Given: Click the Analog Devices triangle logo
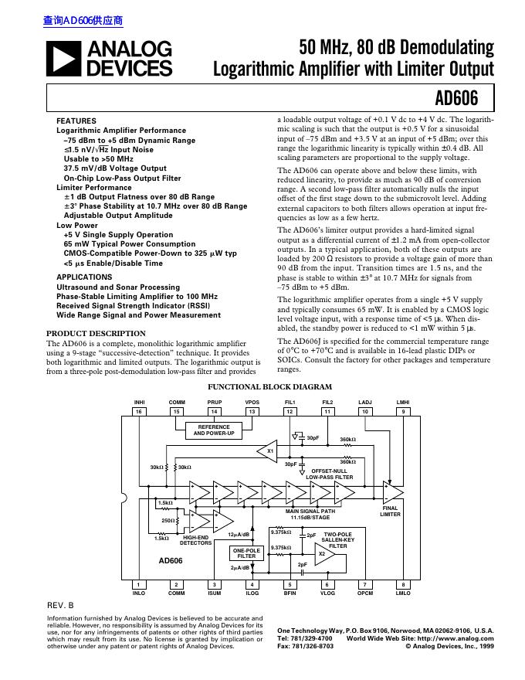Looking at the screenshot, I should [65, 59].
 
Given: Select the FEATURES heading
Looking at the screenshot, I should [76, 121].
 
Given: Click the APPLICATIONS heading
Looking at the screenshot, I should [84, 277].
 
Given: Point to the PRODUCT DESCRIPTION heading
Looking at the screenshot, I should [96, 333].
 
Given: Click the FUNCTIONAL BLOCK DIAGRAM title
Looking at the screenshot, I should [270, 386].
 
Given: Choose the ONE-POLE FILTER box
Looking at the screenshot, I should [246, 552].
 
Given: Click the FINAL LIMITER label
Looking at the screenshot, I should [391, 511].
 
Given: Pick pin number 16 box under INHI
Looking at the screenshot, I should [139, 412].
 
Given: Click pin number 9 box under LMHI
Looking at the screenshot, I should [403, 412].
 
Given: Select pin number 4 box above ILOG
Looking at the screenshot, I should [252, 585].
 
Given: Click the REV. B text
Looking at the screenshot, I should [61, 606].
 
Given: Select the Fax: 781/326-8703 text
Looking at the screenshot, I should [306, 646].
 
